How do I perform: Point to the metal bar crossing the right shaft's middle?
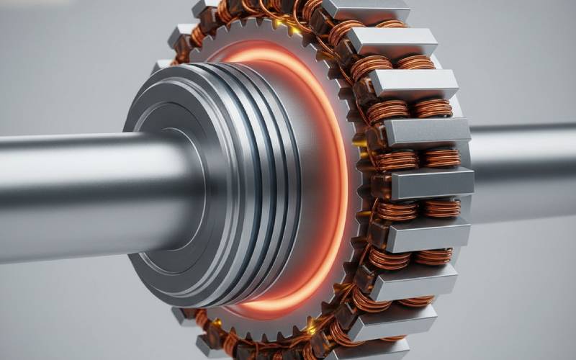tap(432, 184)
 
